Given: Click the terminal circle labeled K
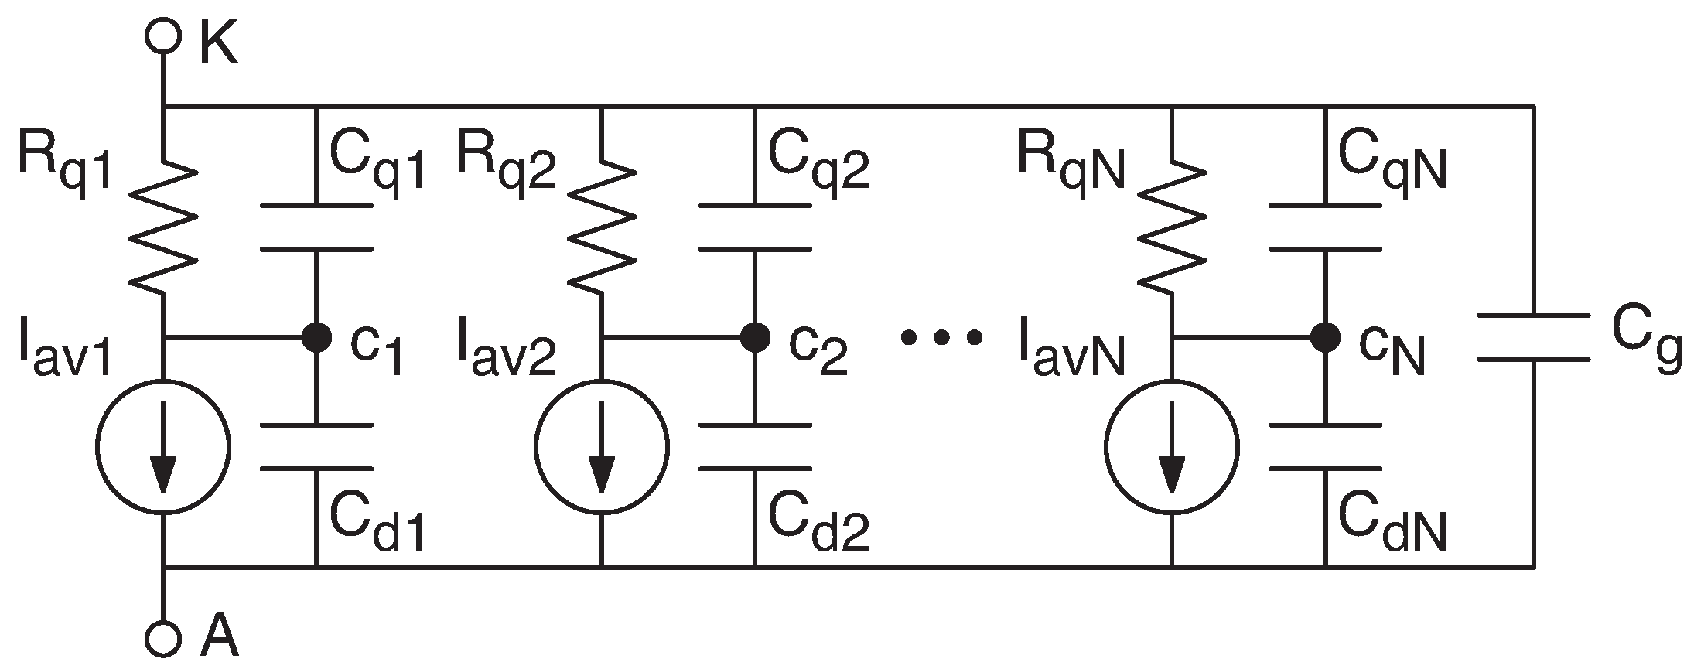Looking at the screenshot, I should [163, 36].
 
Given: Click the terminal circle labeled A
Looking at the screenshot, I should [163, 637].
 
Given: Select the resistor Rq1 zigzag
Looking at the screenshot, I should [163, 227].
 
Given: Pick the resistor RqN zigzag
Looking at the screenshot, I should [1173, 227].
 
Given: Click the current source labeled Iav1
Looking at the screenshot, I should [163, 446].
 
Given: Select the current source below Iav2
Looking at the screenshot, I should [601, 446].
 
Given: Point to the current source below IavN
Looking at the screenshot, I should [1172, 446].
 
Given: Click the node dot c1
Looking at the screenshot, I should [316, 337].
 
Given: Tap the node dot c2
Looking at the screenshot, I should [755, 337].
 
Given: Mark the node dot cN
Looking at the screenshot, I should [1325, 337].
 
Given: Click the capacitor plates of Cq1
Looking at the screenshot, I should [316, 227].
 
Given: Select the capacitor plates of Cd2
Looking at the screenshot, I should [755, 446].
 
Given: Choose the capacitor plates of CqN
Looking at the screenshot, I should [1325, 227].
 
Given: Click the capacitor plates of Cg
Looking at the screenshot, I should [1534, 337].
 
